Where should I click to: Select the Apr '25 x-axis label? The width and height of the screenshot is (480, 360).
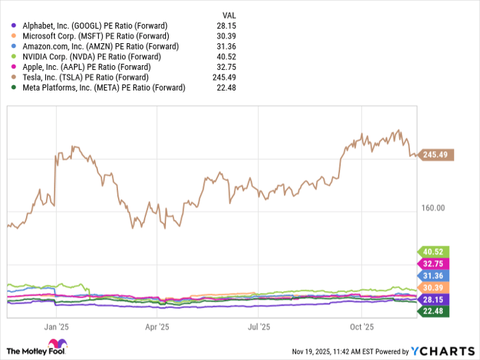(x=158, y=327)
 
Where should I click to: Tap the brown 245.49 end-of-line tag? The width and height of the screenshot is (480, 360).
(x=435, y=155)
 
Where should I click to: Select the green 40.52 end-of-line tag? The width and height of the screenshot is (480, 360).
(x=433, y=252)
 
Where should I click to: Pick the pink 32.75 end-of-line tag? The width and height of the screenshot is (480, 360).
(x=433, y=263)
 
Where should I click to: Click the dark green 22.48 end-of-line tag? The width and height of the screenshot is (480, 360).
(x=433, y=311)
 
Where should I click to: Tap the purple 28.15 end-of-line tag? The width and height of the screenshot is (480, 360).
(x=433, y=300)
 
